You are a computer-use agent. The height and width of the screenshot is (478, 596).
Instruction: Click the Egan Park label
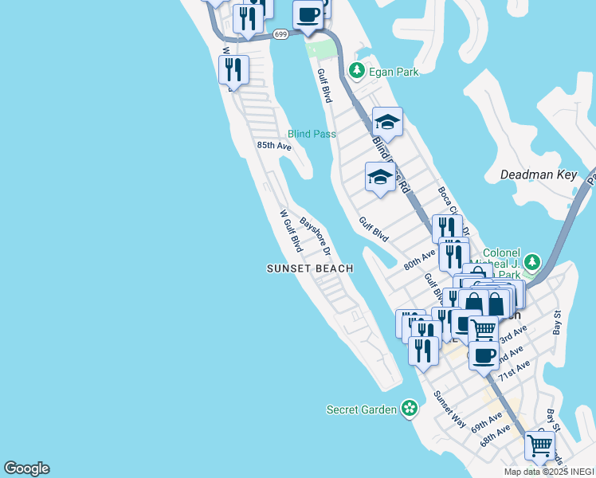pos(394,72)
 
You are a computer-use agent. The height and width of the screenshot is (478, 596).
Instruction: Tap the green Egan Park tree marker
pos(356,71)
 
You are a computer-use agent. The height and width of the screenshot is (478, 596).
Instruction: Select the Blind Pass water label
pos(312,134)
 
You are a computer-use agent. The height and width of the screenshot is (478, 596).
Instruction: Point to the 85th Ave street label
pos(274,146)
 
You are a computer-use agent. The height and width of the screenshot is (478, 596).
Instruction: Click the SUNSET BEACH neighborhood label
pos(310,268)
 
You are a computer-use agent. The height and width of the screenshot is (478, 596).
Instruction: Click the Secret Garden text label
pos(362,409)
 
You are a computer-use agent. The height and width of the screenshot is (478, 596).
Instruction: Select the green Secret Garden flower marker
pos(410,409)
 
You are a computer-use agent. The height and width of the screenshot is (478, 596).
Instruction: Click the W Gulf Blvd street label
pos(290,229)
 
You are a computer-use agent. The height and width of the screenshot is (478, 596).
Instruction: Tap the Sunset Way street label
pos(449,409)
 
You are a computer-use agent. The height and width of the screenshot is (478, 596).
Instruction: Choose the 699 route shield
pos(280,34)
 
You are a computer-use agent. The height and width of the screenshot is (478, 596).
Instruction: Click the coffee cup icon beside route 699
pos(308,14)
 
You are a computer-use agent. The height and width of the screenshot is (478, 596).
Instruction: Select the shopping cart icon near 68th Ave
pos(540,446)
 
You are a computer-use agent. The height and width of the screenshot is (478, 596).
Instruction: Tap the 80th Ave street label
pos(420,259)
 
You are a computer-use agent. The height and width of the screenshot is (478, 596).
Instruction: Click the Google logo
pos(26,468)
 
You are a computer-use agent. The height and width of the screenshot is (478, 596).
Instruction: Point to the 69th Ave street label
pos(486,422)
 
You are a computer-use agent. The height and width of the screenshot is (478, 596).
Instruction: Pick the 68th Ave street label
pos(495,436)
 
